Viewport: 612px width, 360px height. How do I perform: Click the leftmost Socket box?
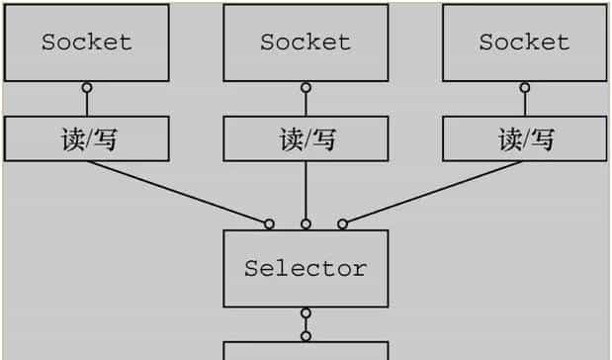86,42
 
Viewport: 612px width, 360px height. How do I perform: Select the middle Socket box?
306,42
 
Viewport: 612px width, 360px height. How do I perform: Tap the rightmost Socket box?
524,42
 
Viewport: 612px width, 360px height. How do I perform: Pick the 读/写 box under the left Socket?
86,139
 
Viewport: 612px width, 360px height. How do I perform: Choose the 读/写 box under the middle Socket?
306,139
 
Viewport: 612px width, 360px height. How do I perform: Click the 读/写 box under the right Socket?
524,139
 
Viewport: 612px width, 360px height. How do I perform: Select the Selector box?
306,268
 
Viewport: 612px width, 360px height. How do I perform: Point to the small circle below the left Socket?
86,88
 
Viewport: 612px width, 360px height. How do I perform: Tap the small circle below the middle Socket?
306,88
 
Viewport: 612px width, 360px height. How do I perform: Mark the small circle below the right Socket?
524,88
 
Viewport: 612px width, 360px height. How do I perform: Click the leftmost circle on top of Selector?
269,224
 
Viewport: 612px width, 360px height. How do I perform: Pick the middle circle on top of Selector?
306,224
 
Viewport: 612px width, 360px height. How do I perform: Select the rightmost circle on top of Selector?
342,224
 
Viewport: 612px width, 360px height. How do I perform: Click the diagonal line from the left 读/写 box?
178,192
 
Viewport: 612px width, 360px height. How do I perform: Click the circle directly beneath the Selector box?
306,314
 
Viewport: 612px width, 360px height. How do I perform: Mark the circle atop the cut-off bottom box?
306,335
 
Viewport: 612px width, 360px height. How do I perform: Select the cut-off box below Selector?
306,351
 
